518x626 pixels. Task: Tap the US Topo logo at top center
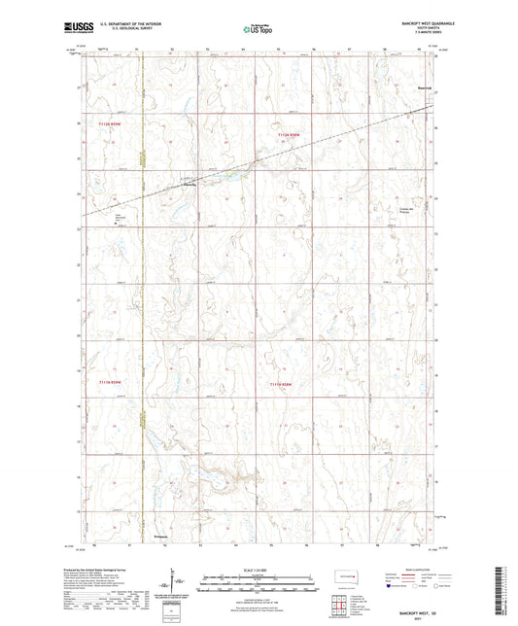click(257, 29)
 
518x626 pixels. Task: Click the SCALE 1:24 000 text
click(259, 569)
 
